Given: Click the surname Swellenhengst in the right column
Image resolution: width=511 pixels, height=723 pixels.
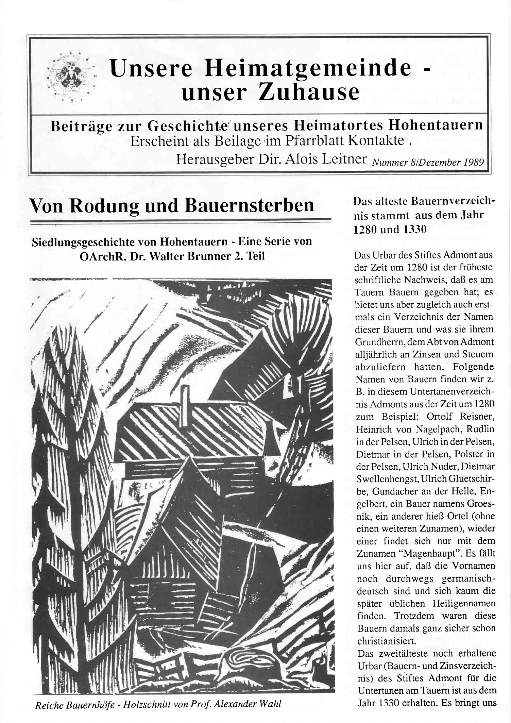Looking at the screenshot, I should coord(386,479).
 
